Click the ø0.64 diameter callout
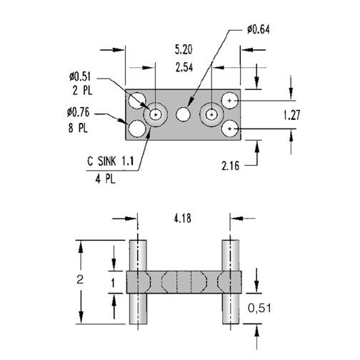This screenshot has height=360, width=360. click(259, 30)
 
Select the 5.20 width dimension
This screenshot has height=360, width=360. click(184, 50)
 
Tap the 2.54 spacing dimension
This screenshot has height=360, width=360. click(184, 68)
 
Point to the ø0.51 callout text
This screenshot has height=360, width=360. click(80, 76)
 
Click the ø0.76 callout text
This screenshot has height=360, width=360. click(79, 112)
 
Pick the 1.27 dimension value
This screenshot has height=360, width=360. click(292, 115)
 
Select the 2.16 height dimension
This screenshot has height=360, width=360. click(231, 166)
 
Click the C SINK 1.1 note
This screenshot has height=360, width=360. click(111, 161)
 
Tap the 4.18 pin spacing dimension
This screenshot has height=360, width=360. click(183, 219)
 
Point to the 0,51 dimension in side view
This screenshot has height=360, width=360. click(259, 309)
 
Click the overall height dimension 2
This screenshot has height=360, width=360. click(80, 279)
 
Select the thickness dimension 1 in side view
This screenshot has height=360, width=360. click(113, 283)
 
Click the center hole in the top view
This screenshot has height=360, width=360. click(184, 114)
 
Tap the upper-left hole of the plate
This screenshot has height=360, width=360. click(136, 101)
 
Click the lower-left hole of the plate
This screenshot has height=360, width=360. click(137, 129)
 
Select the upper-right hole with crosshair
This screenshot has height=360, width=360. click(230, 101)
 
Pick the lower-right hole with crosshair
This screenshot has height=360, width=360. click(230, 129)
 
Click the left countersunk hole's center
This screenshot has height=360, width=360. click(156, 115)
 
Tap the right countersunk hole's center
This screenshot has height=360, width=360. click(211, 114)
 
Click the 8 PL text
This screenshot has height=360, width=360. click(79, 129)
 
